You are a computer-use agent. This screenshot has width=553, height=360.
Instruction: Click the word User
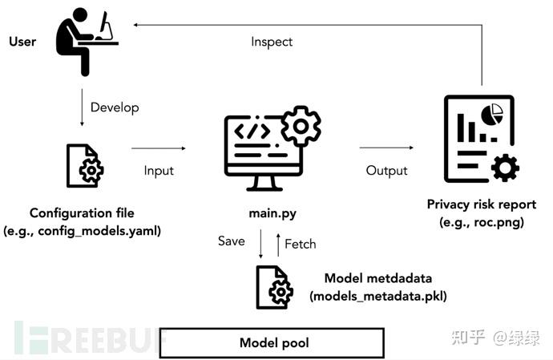(x=23, y=40)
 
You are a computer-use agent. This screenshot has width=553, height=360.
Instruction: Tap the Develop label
(x=114, y=107)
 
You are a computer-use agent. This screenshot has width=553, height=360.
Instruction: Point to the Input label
(x=159, y=171)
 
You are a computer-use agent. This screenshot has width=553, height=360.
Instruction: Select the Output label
(x=386, y=171)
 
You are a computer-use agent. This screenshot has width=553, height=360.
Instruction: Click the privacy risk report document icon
(x=478, y=141)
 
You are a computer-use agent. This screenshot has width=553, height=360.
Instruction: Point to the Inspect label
(x=272, y=41)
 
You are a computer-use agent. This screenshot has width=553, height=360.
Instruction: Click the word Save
(x=232, y=241)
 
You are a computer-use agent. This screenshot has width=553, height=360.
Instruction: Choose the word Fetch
(x=300, y=244)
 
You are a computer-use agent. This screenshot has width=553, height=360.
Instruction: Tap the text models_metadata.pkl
(x=378, y=295)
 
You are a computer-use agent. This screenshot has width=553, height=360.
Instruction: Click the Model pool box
(x=273, y=343)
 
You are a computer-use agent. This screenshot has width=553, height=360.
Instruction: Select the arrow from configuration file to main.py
(x=158, y=148)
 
